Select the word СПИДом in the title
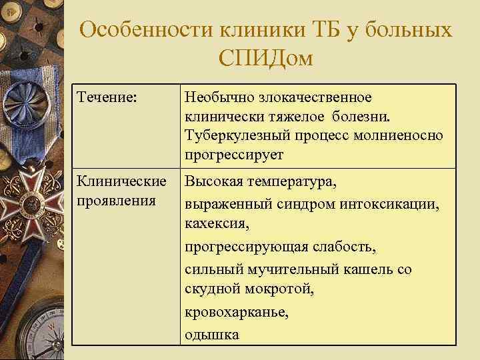pyautogui.click(x=265, y=60)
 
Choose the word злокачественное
pyautogui.click(x=315, y=98)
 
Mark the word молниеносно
pyautogui.click(x=396, y=136)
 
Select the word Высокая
pyautogui.click(x=213, y=181)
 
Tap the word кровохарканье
pyautogui.click(x=237, y=312)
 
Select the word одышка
pyautogui.click(x=212, y=334)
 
